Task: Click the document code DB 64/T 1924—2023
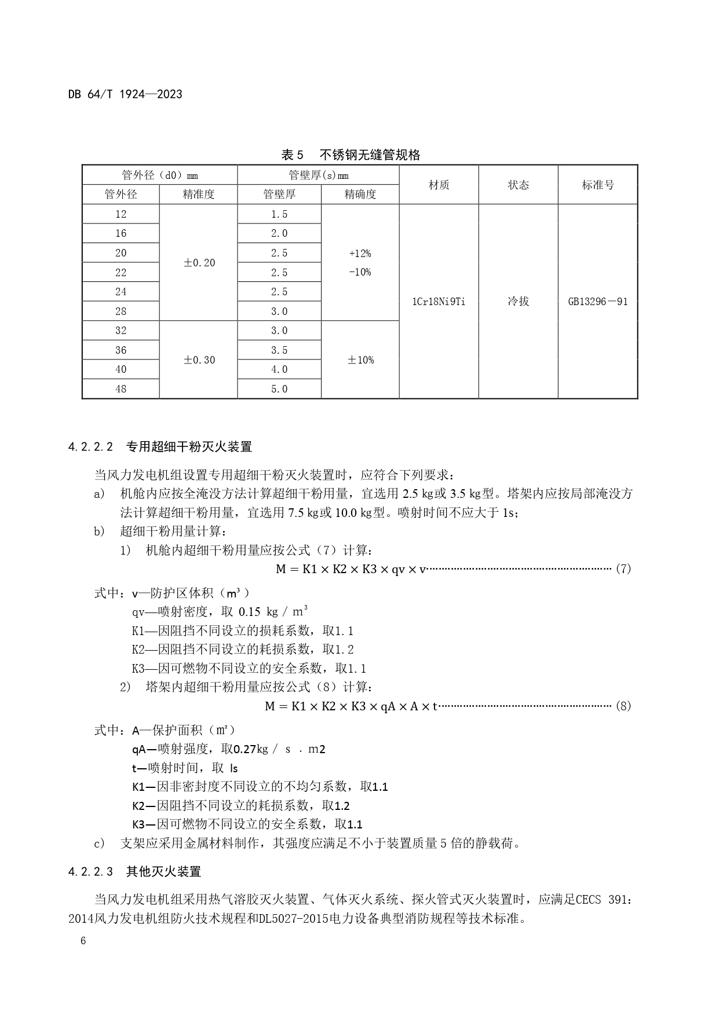pos(125,94)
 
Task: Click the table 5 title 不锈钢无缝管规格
pos(370,155)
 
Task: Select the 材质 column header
pos(439,185)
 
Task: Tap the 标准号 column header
pos(597,185)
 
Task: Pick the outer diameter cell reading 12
pos(121,214)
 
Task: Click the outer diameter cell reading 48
pos(121,389)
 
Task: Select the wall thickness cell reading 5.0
pos(279,389)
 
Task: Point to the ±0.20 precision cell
pos(199,263)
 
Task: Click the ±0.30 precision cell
pos(199,360)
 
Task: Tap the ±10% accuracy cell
pos(360,360)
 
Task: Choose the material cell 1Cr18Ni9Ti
pos(439,302)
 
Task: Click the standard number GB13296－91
pos(597,302)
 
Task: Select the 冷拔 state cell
pos(518,302)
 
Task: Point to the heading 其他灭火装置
pos(163,871)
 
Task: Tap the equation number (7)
pos(623,568)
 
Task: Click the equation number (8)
pos(623,706)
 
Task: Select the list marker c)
pos(99,843)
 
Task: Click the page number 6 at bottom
pos(83,941)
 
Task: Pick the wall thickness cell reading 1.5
pos(279,214)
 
